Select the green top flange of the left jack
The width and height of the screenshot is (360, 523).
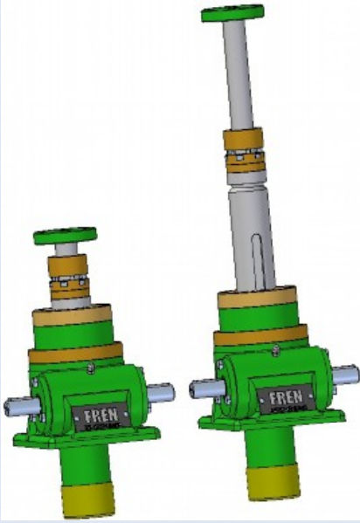(66, 236)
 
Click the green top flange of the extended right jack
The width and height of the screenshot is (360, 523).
(232, 13)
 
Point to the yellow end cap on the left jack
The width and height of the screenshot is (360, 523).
(89, 502)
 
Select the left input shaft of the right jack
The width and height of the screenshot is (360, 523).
(202, 387)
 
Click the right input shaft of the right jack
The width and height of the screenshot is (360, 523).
(344, 374)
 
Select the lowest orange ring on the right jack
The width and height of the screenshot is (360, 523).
(261, 335)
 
